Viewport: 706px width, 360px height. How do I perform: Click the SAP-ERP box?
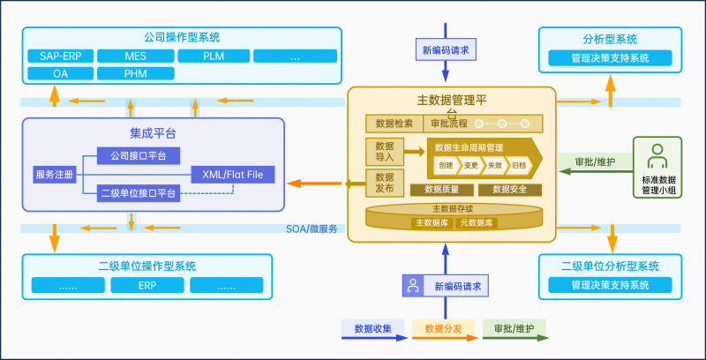(x=61, y=56)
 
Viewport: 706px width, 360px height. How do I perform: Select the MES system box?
(x=136, y=56)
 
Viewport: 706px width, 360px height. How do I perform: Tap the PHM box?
(x=136, y=74)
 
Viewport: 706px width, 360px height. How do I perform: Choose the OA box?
(x=61, y=74)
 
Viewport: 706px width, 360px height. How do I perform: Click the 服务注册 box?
(x=55, y=174)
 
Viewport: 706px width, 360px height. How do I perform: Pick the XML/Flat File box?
(x=233, y=174)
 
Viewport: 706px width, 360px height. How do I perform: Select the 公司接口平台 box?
(x=139, y=156)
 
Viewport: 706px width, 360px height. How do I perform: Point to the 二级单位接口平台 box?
(x=139, y=192)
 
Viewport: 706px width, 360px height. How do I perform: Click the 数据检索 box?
(x=394, y=124)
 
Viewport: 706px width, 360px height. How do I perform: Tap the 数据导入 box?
(x=385, y=152)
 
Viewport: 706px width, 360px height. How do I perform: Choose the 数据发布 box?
(x=385, y=183)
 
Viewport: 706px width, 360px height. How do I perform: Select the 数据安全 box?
(x=510, y=189)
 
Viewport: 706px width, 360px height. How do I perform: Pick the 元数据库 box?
(x=477, y=223)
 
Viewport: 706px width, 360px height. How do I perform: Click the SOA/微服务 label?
(x=312, y=229)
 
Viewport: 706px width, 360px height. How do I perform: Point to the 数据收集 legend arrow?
(x=373, y=329)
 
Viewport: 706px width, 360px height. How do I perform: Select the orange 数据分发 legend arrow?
(x=444, y=329)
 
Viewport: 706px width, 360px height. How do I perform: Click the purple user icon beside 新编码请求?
(x=412, y=286)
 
